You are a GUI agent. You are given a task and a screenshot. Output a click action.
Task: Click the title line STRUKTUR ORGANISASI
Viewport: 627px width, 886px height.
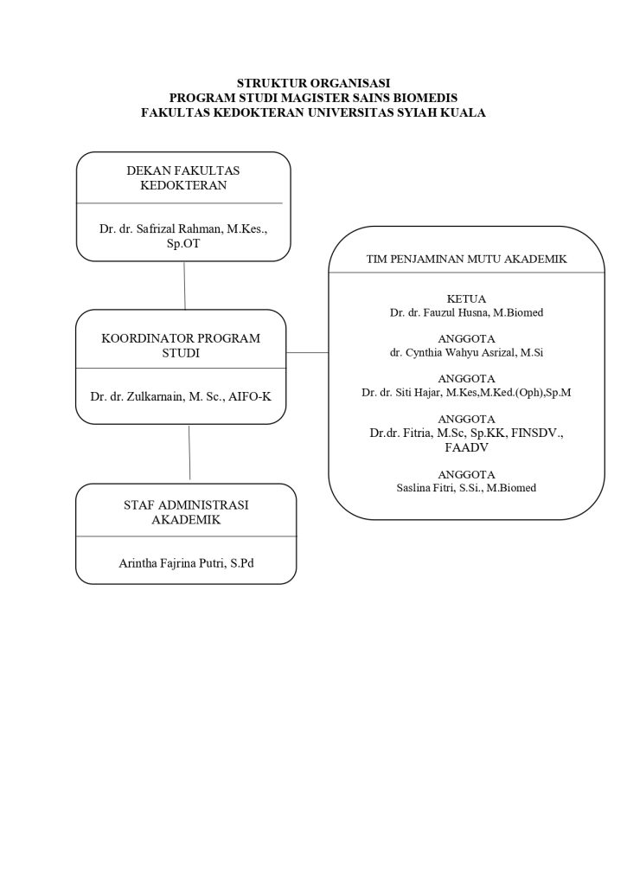(313, 83)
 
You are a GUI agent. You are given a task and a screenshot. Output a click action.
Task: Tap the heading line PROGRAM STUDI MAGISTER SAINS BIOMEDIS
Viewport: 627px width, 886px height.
(313, 98)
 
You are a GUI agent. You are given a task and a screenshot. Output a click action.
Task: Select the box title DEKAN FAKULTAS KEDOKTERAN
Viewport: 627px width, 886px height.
(183, 178)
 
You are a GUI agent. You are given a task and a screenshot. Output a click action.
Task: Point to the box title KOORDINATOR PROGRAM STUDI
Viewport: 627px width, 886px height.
(181, 345)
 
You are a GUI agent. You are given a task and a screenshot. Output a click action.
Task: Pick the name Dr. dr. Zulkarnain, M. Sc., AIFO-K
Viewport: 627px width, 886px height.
(181, 397)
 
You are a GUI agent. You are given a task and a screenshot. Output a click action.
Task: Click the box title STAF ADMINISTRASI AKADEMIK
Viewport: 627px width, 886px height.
(186, 511)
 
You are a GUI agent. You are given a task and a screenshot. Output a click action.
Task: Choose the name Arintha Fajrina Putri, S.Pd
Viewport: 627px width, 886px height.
(186, 563)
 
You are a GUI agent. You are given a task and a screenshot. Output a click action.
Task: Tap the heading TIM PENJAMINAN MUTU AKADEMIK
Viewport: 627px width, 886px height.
(466, 259)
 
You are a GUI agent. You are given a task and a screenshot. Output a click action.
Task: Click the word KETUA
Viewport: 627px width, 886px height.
(466, 299)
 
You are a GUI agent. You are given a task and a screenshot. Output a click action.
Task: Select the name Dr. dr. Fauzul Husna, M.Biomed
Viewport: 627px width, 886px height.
(466, 312)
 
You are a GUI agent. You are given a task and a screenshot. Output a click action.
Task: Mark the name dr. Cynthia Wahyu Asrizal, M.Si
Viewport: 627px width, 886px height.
(466, 352)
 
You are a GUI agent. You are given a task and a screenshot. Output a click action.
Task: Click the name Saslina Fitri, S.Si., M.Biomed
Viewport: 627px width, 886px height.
(466, 488)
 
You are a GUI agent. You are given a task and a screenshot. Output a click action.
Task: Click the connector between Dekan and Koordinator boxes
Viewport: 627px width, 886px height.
(184, 285)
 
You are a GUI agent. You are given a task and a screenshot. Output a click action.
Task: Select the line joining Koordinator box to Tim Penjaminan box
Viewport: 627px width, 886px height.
(307, 353)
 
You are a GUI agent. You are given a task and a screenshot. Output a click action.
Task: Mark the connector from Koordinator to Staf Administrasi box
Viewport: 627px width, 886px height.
(189, 453)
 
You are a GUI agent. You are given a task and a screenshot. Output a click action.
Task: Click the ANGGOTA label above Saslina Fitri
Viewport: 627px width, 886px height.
(466, 474)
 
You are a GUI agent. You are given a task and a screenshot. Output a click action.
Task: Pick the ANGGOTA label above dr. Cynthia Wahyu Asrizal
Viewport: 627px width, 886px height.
(466, 338)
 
